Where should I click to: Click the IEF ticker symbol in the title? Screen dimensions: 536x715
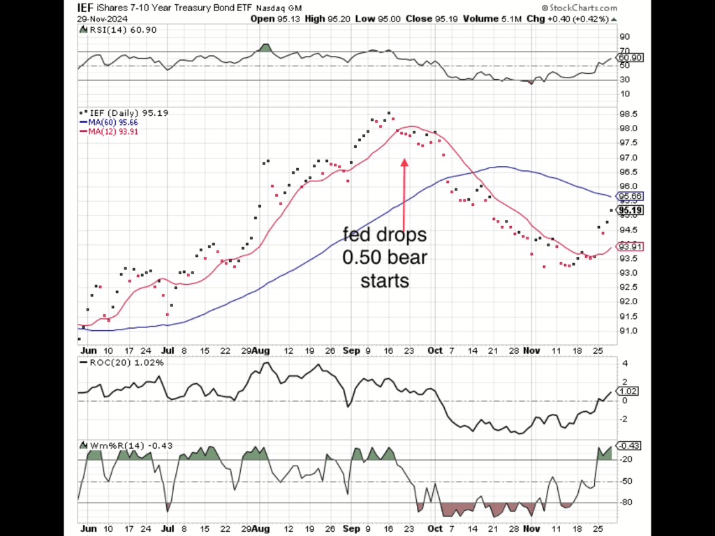pos(84,7)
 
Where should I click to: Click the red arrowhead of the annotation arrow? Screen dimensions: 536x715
pos(404,163)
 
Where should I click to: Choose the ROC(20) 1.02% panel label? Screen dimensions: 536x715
pos(117,362)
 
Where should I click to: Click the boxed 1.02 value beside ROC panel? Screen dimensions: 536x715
pos(628,392)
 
